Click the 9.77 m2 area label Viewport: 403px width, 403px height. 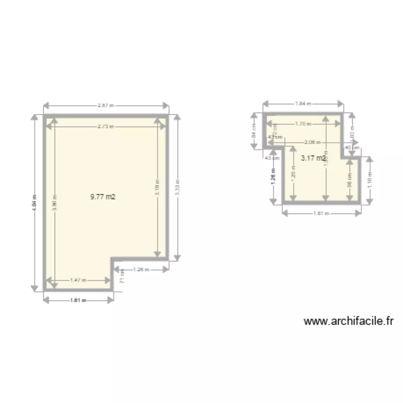click(103, 197)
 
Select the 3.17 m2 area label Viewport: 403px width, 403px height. click(313, 158)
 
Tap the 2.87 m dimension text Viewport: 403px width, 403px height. click(106, 105)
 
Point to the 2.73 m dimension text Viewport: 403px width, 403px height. click(106, 126)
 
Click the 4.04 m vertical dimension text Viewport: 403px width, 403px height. click(35, 203)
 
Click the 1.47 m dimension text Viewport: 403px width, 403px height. click(78, 280)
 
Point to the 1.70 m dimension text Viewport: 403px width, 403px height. click(303, 124)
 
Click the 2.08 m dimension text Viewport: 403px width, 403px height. click(312, 142)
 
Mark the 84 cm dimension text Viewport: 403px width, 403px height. click(253, 131)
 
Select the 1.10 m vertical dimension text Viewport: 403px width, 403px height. click(370, 179)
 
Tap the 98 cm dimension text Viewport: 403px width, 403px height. click(349, 179)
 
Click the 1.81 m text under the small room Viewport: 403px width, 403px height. click(321, 213)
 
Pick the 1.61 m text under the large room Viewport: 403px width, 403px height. click(78, 300)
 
